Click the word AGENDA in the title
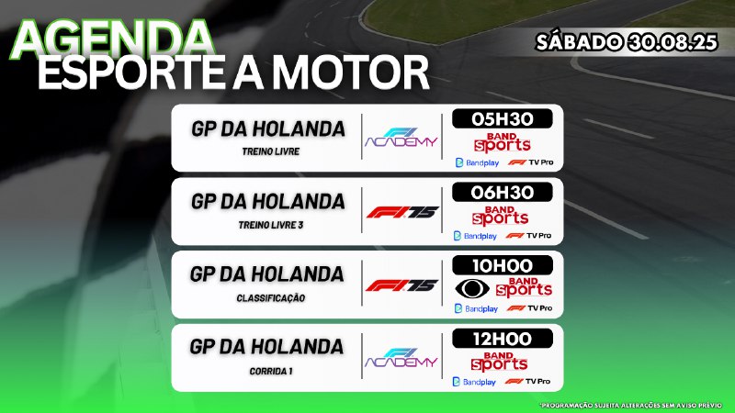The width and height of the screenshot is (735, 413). [112, 39]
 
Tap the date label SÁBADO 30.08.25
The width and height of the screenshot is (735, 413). [627, 42]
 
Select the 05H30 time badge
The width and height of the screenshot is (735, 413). [502, 119]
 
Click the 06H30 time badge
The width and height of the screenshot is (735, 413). [502, 193]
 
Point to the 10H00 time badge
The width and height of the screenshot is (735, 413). [502, 265]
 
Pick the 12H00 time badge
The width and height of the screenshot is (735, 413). [502, 339]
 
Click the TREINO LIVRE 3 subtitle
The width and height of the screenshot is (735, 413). [271, 225]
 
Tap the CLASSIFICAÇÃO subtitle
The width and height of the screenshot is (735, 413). [271, 297]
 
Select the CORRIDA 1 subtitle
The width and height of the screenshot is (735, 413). [271, 371]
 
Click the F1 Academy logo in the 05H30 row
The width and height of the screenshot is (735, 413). [401, 137]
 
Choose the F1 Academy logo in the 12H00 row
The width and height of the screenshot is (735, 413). [401, 358]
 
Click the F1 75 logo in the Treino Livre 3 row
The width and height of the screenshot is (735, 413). [402, 213]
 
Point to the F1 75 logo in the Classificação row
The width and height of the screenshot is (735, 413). [402, 285]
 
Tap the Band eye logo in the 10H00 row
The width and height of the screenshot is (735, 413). [472, 288]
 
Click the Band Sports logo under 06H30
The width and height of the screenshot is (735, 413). [500, 216]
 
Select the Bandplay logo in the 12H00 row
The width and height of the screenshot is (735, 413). [474, 382]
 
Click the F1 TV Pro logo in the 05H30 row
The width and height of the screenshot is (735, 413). [531, 162]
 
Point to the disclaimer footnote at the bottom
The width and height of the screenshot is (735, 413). [631, 405]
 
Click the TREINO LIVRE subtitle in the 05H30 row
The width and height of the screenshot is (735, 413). [271, 151]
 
